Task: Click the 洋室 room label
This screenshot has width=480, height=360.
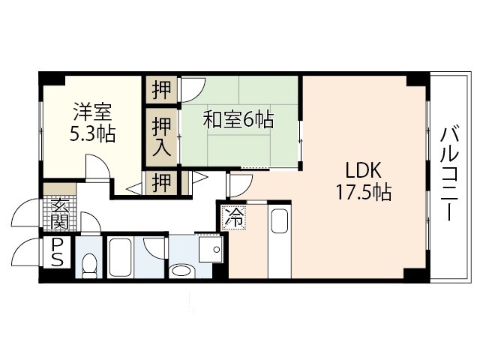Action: click(x=92, y=114)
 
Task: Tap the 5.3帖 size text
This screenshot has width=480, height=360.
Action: click(x=92, y=135)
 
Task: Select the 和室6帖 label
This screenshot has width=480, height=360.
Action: click(x=238, y=118)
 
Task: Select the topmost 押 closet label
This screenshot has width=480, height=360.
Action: click(x=161, y=90)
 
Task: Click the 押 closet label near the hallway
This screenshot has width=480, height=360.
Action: click(x=161, y=182)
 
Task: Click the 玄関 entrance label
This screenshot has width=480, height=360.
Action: click(x=60, y=212)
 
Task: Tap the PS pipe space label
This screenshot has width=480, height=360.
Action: click(x=58, y=253)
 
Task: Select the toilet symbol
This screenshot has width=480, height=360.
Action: click(x=90, y=263)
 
